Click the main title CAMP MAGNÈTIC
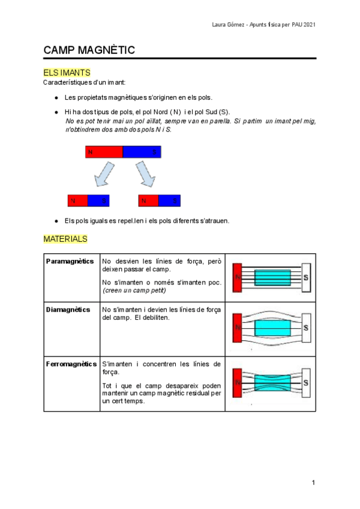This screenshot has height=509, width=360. [x=89, y=50]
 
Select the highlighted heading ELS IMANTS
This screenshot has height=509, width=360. [x=67, y=73]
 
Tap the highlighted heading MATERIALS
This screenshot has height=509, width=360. [x=65, y=239]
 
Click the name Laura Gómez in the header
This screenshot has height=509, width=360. [x=230, y=25]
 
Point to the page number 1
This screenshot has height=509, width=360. [x=313, y=483]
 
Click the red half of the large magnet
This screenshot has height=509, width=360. [x=104, y=152]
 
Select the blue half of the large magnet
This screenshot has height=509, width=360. [x=142, y=152]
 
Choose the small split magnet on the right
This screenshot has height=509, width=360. [x=159, y=200]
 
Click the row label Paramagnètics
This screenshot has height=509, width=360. [x=70, y=262]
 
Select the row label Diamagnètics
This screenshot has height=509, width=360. [x=68, y=310]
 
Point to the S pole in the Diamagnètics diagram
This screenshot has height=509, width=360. [x=305, y=328]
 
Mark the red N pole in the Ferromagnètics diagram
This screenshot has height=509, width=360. [x=237, y=382]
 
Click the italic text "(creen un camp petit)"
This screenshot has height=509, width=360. [x=134, y=291]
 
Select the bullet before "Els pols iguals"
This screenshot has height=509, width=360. [x=56, y=221]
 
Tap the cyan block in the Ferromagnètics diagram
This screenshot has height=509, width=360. [x=272, y=382]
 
